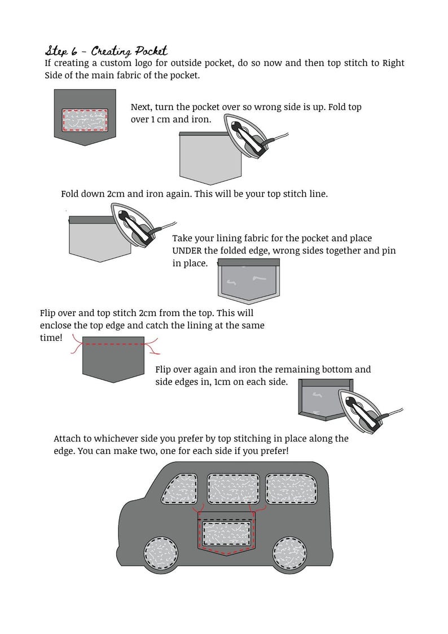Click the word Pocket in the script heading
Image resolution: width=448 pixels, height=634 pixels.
point(151,51)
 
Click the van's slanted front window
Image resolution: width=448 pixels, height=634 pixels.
point(180,489)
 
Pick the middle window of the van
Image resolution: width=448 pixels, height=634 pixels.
point(234,489)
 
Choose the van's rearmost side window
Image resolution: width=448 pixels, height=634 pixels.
point(291,489)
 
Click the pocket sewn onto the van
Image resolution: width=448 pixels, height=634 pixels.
point(227,534)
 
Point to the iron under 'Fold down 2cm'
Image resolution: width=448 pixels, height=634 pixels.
point(142,225)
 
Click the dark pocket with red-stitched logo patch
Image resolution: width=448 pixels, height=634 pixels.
point(85,117)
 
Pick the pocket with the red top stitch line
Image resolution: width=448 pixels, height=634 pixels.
point(113,359)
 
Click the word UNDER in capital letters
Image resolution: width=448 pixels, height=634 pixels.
point(187,251)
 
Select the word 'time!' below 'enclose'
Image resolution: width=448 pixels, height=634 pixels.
point(51,338)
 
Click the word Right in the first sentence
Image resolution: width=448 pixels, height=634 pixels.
point(393,63)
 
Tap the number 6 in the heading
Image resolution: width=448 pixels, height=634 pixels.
point(74,51)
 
